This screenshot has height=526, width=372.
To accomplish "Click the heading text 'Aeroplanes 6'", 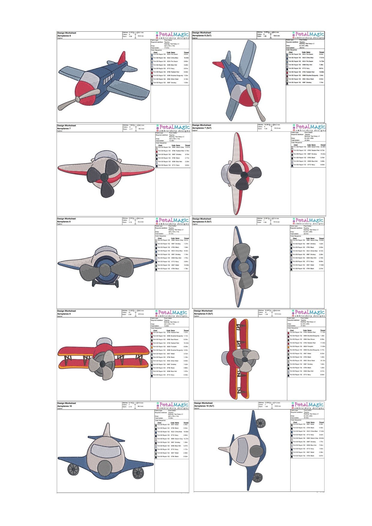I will [64, 36].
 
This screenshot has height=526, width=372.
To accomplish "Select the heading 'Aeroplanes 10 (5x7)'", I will [204, 406].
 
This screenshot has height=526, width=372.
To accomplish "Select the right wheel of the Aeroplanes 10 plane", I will [138, 473].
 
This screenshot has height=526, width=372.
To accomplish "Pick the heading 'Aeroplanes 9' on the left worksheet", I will [64, 314].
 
